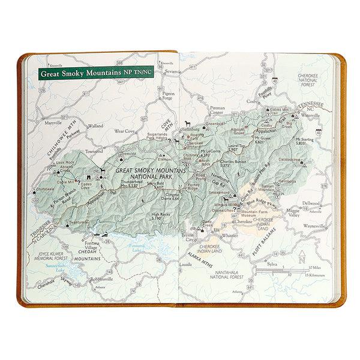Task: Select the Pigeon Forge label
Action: click(167, 97)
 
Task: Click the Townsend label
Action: click(94, 151)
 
